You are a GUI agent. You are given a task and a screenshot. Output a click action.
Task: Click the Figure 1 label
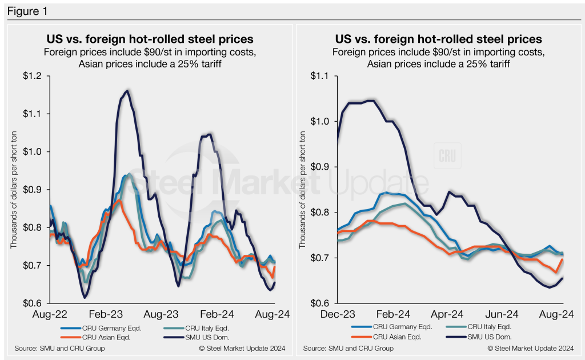25,10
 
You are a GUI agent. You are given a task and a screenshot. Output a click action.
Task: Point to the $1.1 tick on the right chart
323,76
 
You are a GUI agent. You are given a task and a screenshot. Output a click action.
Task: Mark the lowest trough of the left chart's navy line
85,298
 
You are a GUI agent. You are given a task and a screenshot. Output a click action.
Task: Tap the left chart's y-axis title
13,189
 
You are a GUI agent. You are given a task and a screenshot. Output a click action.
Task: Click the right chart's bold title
438,39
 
